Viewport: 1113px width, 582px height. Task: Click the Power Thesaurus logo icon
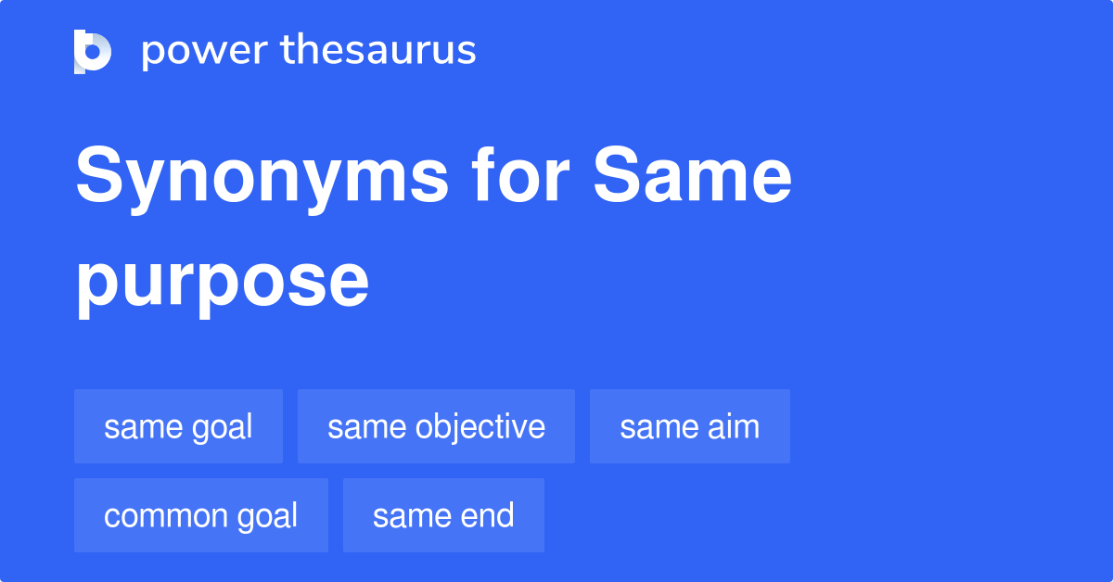click(x=93, y=51)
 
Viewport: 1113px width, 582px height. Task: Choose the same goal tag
click(x=178, y=426)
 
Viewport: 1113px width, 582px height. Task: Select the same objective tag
click(x=436, y=426)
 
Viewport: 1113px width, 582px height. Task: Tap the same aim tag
click(x=689, y=426)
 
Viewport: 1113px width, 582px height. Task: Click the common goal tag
click(x=200, y=515)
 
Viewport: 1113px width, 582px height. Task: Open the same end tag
click(x=443, y=515)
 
